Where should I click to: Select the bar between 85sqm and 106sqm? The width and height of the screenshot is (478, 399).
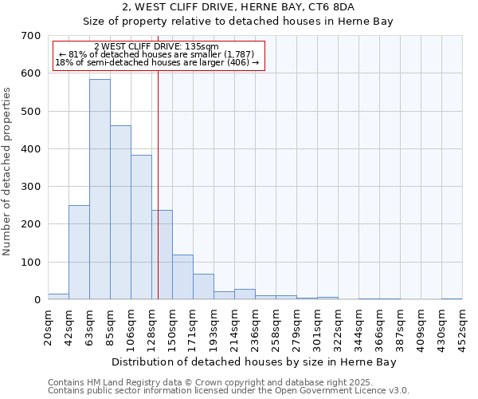(120, 212)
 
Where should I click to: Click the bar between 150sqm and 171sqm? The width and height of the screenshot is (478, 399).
(182, 277)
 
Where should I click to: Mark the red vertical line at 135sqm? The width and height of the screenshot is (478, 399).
(158, 199)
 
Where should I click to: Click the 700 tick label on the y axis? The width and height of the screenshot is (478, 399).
(31, 36)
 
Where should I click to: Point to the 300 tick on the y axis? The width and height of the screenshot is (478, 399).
(31, 187)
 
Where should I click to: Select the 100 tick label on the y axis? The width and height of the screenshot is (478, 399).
(31, 263)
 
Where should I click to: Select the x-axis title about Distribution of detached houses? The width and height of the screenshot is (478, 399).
(254, 362)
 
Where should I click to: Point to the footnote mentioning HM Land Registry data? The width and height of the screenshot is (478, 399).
(228, 382)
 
